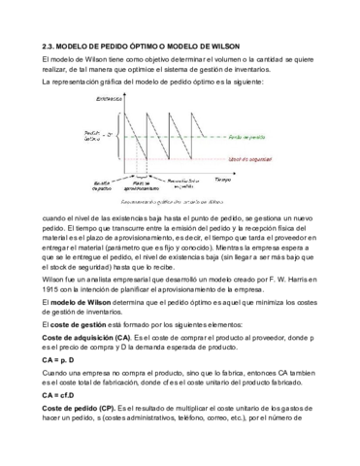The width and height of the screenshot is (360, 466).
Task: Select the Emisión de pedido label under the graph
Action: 104,184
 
